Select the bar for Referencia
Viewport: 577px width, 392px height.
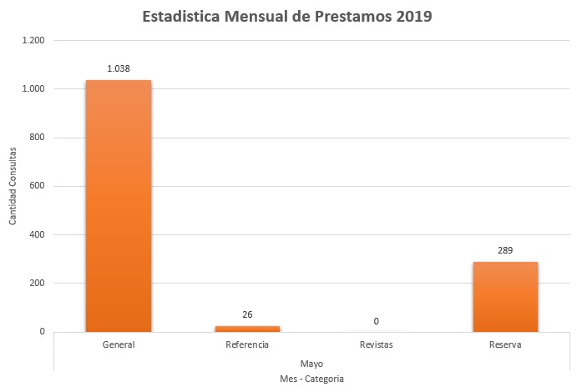[246, 328]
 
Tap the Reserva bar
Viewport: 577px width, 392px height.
[504, 296]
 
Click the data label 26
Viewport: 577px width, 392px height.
[246, 314]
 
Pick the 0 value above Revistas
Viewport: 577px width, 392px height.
[376, 321]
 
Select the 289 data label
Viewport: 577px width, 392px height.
[504, 250]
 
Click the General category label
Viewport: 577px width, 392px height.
[118, 344]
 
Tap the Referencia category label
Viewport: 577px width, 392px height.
[246, 344]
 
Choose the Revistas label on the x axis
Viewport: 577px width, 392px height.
[376, 344]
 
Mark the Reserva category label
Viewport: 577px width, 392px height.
[504, 344]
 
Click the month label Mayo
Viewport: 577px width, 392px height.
[311, 364]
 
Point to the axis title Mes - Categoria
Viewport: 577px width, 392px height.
[311, 379]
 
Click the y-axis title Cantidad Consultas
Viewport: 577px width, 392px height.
[13, 186]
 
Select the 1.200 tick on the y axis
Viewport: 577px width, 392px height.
[33, 40]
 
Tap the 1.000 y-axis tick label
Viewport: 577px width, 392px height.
[33, 88]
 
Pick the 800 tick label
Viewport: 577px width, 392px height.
[36, 138]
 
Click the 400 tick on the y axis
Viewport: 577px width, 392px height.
[36, 234]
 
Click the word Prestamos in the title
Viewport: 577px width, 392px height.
[351, 17]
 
